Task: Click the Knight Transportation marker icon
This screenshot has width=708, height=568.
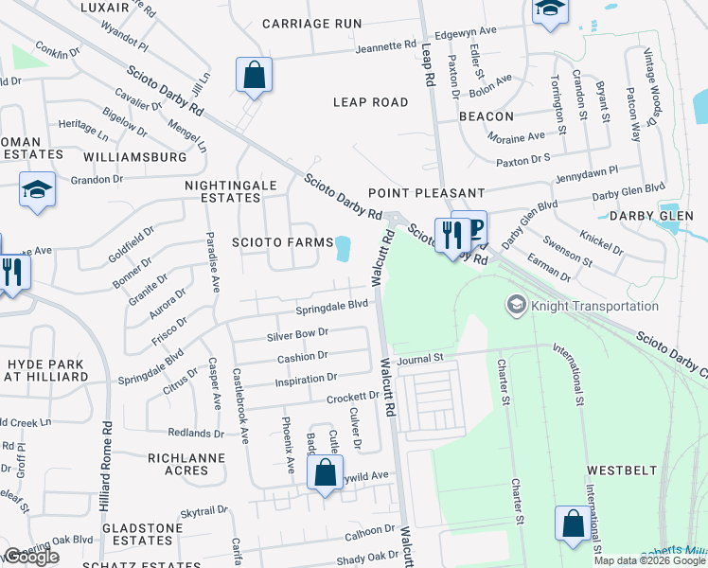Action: [516, 305]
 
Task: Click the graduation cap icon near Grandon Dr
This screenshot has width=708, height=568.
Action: [38, 189]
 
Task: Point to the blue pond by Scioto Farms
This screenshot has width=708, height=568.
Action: [342, 248]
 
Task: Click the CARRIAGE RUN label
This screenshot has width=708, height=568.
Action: [311, 23]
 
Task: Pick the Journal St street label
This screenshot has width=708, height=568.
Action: [421, 359]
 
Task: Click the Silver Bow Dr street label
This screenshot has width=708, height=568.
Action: [297, 333]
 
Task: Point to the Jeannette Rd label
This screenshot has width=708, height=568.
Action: [386, 44]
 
